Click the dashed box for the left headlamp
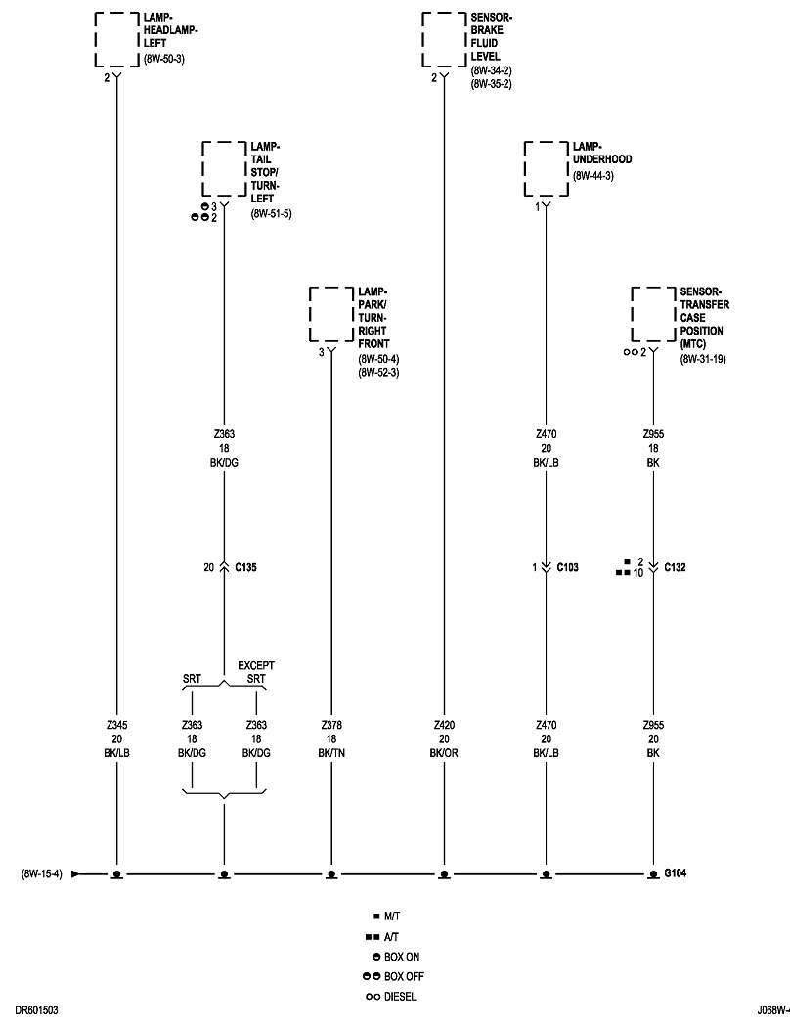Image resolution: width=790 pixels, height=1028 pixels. (x=117, y=39)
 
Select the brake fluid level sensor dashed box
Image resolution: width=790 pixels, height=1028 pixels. (x=444, y=39)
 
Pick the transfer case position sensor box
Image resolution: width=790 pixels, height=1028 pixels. (x=652, y=314)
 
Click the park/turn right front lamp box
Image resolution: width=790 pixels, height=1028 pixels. (x=330, y=314)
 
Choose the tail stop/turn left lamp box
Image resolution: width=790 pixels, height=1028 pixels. (x=224, y=168)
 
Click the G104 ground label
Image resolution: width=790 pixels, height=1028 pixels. (x=676, y=872)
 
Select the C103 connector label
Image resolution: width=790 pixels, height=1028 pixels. (x=567, y=567)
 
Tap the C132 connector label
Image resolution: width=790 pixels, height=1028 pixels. (x=675, y=567)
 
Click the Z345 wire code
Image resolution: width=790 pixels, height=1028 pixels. (x=116, y=725)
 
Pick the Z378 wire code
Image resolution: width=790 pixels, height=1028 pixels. (x=330, y=725)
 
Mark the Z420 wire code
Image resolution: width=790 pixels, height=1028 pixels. (x=444, y=725)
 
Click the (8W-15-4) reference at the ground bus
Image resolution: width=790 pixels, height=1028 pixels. (x=41, y=872)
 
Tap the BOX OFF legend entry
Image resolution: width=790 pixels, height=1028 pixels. (x=404, y=976)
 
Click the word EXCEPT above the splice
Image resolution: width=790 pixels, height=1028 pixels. (x=257, y=665)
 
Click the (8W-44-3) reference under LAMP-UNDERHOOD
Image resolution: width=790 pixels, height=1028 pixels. (x=593, y=175)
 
